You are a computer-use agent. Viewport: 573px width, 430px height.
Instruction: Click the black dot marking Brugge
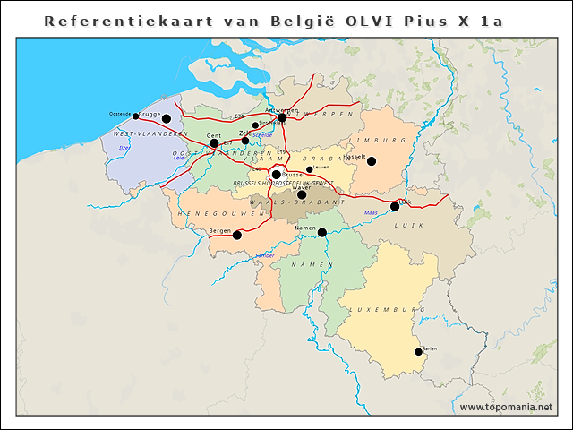[x=166, y=118]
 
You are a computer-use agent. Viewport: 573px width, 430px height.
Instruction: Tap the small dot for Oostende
[x=135, y=116]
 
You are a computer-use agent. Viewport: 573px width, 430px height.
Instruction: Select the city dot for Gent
[x=214, y=143]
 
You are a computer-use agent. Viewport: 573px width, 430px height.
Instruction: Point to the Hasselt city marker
[x=371, y=161]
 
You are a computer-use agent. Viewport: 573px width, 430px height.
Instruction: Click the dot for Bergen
[x=237, y=236]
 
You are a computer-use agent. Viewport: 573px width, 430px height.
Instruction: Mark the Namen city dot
[x=322, y=233]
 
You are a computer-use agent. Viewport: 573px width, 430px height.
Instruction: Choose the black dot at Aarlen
[x=418, y=352]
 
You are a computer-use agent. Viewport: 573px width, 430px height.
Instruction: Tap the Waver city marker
[x=302, y=194]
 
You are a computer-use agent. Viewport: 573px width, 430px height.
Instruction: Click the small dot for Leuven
[x=310, y=169]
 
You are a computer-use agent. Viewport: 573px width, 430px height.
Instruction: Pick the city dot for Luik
[x=395, y=207]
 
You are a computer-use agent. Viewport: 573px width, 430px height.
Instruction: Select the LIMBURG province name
[x=376, y=141]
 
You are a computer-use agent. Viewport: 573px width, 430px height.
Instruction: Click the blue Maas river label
[x=371, y=213]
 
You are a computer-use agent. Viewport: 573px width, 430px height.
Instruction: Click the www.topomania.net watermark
[x=506, y=408]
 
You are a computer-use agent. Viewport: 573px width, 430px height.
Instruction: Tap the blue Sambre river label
[x=265, y=256]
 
